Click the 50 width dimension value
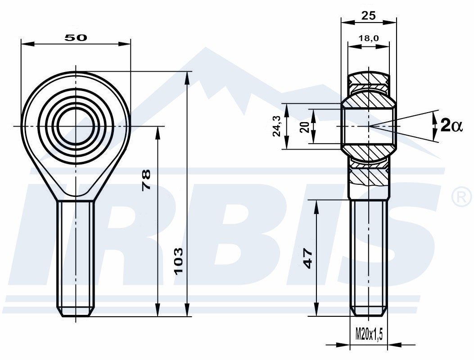click(76, 38)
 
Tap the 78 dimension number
click(146, 180)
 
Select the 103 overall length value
click(179, 260)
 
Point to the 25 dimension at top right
click(369, 15)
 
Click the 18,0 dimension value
click(369, 38)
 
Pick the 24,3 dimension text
click(277, 127)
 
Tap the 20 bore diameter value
click(305, 127)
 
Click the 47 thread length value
click(307, 258)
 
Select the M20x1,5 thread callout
click(369, 334)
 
